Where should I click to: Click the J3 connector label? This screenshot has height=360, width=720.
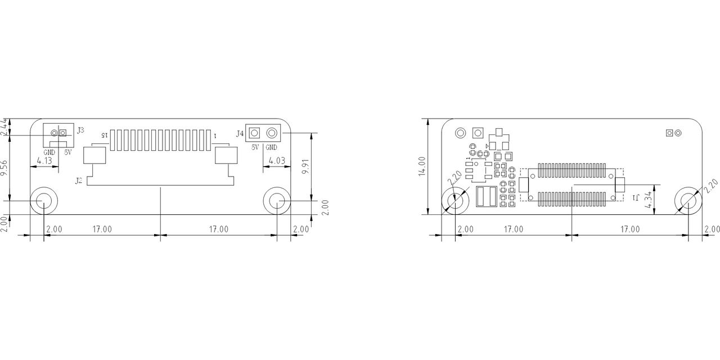[x=80, y=130]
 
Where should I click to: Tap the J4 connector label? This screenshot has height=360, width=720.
[x=240, y=133]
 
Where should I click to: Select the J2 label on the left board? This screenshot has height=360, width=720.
[x=79, y=181]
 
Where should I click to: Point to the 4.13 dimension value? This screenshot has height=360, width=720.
[x=44, y=160]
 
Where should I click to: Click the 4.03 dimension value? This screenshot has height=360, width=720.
[x=277, y=160]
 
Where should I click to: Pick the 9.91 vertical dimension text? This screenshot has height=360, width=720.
[x=305, y=166]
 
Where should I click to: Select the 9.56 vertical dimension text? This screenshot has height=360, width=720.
[x=4, y=168]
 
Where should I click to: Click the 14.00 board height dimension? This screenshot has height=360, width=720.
[x=422, y=166]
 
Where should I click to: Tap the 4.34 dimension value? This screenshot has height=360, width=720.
[x=649, y=200]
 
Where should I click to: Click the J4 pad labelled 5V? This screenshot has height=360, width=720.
[x=254, y=133]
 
